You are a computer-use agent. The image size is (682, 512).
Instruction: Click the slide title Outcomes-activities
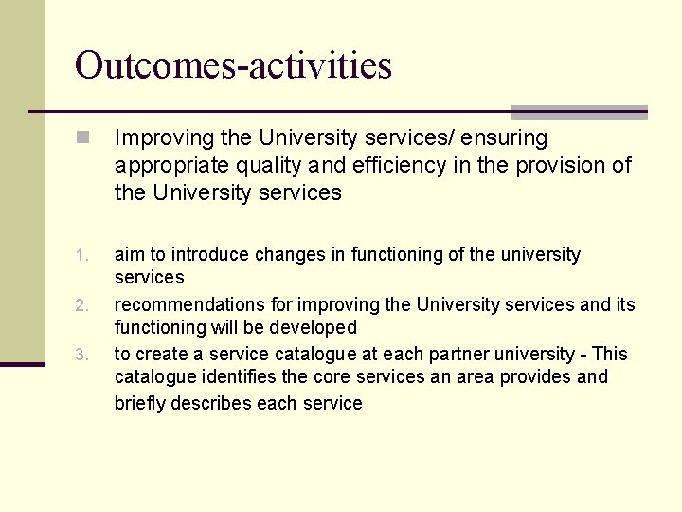pyautogui.click(x=233, y=65)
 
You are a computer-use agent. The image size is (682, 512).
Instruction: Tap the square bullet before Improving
pyautogui.click(x=84, y=138)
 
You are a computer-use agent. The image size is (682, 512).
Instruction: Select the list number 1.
pyautogui.click(x=82, y=255)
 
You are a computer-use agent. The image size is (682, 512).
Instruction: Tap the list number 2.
pyautogui.click(x=82, y=305)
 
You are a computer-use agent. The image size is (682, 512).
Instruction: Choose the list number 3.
pyautogui.click(x=82, y=356)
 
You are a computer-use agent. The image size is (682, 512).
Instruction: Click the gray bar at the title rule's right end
pyautogui.click(x=580, y=112)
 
